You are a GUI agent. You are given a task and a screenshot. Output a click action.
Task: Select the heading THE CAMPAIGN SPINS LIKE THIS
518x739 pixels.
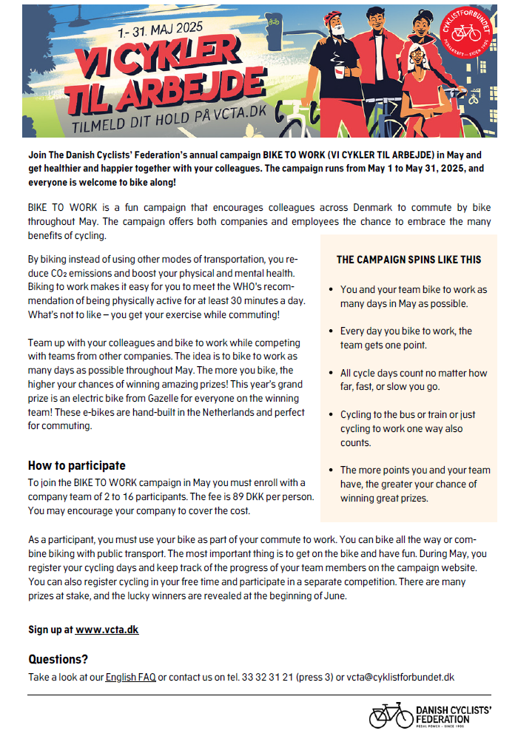408,260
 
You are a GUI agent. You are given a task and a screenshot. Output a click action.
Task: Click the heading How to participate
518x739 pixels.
77,465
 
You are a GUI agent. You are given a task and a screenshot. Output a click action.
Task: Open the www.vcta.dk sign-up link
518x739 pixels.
107,630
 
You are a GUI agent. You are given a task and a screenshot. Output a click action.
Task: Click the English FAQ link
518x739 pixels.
130,677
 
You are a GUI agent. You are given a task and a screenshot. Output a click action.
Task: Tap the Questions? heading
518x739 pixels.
58,659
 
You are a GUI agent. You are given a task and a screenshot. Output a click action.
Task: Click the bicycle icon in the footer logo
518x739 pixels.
391,716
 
